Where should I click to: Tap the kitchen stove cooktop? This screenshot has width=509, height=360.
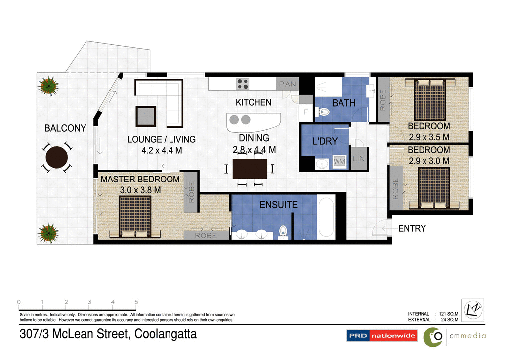point(243,83)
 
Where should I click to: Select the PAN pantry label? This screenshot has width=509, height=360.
point(287,84)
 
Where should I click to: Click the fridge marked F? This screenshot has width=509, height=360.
point(305,112)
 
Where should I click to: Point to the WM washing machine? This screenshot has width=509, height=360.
point(339,161)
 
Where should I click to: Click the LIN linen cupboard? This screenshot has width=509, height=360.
point(358,158)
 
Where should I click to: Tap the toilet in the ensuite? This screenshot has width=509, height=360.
point(284,231)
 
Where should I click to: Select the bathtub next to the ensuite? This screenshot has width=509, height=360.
point(326,218)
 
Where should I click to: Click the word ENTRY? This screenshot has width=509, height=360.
point(412,229)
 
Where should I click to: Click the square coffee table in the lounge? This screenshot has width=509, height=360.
point(146,116)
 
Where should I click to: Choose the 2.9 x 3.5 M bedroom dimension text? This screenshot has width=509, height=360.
point(429,137)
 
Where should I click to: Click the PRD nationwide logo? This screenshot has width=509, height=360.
point(382,336)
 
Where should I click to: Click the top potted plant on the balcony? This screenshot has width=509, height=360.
point(48,85)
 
